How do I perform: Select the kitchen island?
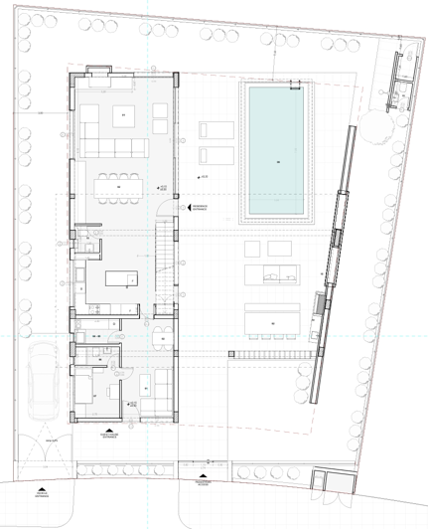point(118,277)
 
